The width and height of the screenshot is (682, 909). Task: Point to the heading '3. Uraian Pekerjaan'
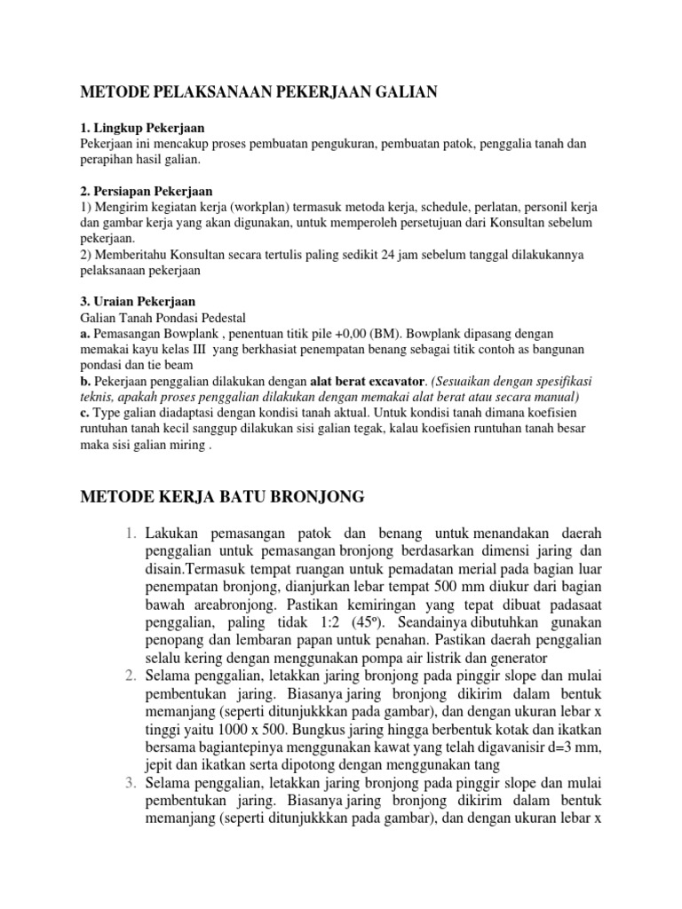[x=138, y=302]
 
